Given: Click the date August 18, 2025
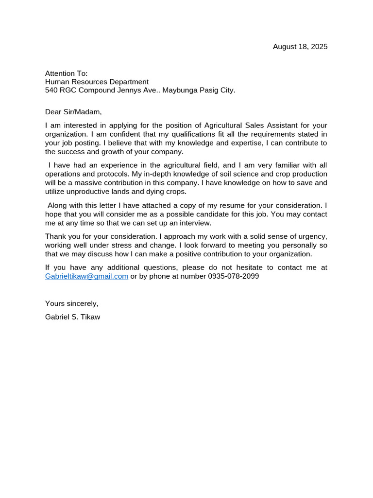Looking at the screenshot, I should pos(300,47).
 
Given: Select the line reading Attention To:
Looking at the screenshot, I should pos(67,73).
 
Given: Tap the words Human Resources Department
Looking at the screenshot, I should pos(97,82).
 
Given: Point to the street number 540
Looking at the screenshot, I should pos(51,90).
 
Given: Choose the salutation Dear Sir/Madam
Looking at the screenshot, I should pos(73,112).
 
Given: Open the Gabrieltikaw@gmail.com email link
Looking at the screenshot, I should pos(86,276).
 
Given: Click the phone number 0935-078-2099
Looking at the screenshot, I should pos(233,276).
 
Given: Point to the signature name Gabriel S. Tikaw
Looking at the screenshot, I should pos(72,317).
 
